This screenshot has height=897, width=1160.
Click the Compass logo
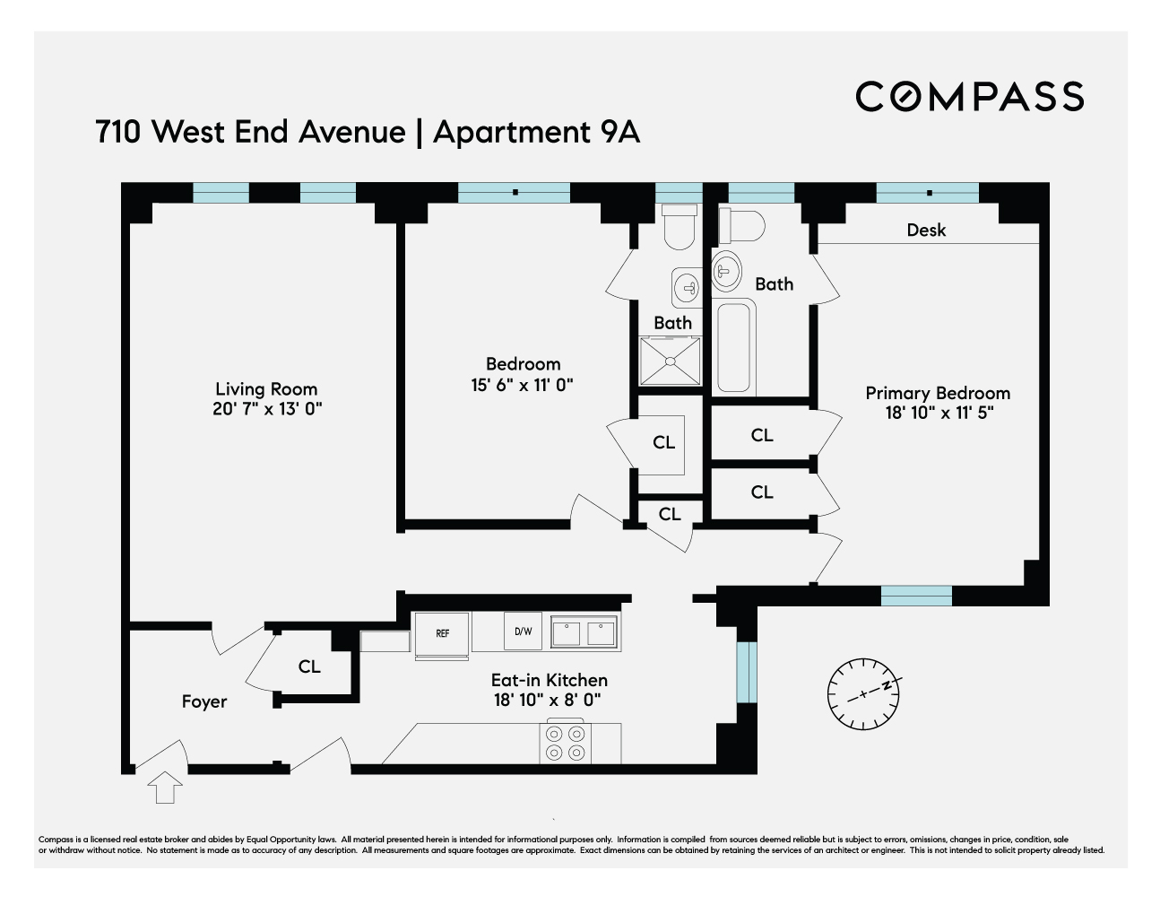[969, 97]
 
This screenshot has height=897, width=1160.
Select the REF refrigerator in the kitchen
[442, 635]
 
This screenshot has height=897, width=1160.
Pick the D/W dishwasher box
[523, 631]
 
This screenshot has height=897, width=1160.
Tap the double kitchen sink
[584, 632]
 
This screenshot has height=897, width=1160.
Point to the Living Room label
[266, 389]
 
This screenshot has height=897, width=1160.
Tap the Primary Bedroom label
[937, 393]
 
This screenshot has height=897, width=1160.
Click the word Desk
[926, 231]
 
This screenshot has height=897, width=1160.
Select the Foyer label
[204, 701]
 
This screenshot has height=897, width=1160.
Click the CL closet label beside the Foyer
[309, 667]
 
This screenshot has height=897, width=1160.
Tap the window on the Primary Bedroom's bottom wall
[915, 596]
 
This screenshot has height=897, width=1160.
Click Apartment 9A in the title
[536, 132]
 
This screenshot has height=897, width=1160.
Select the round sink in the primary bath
[726, 269]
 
